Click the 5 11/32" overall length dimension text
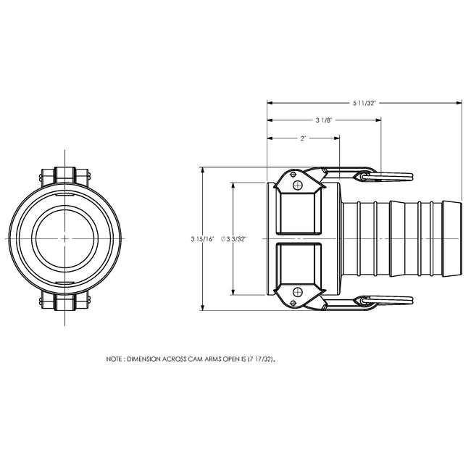tap(364, 104)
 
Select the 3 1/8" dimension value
tap(324, 120)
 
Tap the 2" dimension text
tap(303, 138)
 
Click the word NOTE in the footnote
tap(114, 359)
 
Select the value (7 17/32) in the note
tap(261, 359)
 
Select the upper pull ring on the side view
tap(394, 176)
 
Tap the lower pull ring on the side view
tap(394, 299)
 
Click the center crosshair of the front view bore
tap(64, 238)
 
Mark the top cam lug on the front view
tap(64, 176)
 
